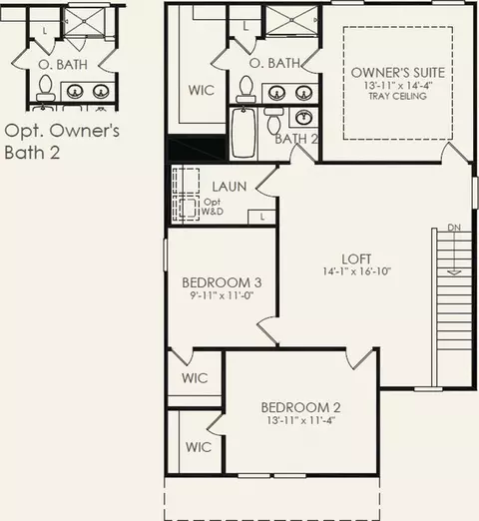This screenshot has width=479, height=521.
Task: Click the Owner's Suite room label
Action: pos(398,73)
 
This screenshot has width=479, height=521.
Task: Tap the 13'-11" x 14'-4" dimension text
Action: pos(398,85)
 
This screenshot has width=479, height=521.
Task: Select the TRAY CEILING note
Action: pos(398,96)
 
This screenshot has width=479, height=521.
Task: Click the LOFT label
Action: pos(356,260)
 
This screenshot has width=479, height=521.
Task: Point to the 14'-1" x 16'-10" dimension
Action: pos(356,271)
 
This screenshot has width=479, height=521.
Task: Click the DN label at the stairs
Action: pos(454,228)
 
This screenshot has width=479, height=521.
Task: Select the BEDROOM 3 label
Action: pos(222,282)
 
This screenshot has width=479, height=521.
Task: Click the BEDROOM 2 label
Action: pos(300,407)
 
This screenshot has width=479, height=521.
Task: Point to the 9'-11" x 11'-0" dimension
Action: pos(222,295)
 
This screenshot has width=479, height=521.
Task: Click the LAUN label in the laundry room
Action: pos(230,187)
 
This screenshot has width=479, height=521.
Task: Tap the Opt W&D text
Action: pos(213,207)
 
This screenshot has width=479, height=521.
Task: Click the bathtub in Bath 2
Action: pos(243,132)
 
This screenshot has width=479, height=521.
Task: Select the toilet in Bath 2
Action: pos(273,119)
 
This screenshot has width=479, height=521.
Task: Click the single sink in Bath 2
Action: pos(303,117)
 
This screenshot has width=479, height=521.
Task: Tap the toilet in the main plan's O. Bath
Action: pos(246,89)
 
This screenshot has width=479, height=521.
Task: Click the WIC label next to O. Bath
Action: pos(202,90)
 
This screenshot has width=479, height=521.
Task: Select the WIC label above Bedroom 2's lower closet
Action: pos(195,378)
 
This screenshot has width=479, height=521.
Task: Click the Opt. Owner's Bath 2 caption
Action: pos(62,142)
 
